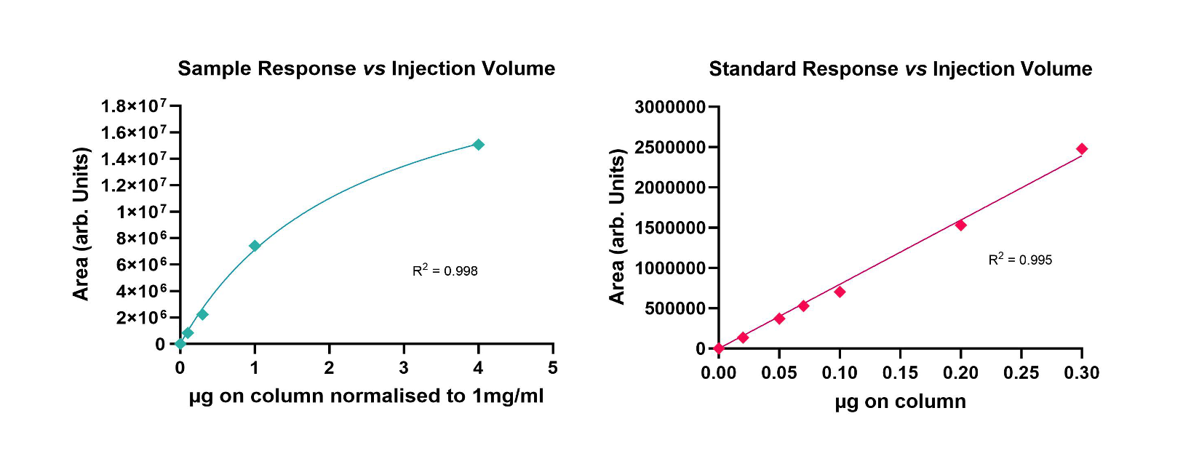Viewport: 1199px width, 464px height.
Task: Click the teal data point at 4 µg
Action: coord(478,145)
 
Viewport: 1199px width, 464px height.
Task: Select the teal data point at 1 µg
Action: coord(255,246)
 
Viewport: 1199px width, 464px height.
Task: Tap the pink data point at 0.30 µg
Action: coord(1082,149)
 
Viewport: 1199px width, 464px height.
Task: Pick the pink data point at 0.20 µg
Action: coord(960,225)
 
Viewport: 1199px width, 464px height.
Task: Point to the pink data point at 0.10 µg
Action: coord(840,292)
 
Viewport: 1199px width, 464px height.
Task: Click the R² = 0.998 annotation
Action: coord(445,271)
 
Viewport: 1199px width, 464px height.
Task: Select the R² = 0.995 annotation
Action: coord(1020,260)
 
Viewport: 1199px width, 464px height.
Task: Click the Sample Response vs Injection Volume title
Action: coord(366,68)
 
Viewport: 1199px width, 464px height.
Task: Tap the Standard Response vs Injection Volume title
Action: coord(900,69)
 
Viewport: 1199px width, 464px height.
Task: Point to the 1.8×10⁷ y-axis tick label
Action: coord(133,107)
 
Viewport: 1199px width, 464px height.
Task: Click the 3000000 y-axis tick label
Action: coord(670,108)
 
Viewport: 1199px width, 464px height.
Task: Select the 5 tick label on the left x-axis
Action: coord(553,369)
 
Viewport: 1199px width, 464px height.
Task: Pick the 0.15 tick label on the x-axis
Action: coord(900,373)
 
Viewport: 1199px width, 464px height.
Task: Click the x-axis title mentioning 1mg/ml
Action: coord(366,396)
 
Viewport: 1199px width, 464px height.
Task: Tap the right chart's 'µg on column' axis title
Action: coord(900,401)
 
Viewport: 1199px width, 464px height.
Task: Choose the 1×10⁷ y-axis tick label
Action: coord(141,212)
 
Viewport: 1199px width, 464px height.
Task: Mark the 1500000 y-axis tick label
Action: coord(670,228)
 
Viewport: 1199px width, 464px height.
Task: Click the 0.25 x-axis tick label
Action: coord(1021,373)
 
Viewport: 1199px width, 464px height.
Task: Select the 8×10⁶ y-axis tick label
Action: coord(141,239)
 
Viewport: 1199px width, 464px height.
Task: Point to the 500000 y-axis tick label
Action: coord(674,309)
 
